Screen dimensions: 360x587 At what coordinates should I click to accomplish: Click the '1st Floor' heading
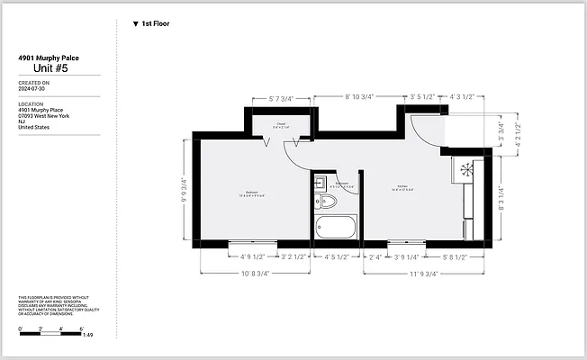point(155,24)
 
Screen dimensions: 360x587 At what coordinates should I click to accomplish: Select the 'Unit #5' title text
point(51,68)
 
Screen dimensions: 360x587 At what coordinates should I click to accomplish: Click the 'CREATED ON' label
point(34,83)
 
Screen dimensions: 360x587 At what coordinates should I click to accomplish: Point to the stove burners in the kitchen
point(465,168)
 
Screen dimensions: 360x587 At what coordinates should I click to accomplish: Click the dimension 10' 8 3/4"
point(254,274)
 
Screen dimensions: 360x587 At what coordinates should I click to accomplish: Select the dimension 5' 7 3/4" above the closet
point(280,98)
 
